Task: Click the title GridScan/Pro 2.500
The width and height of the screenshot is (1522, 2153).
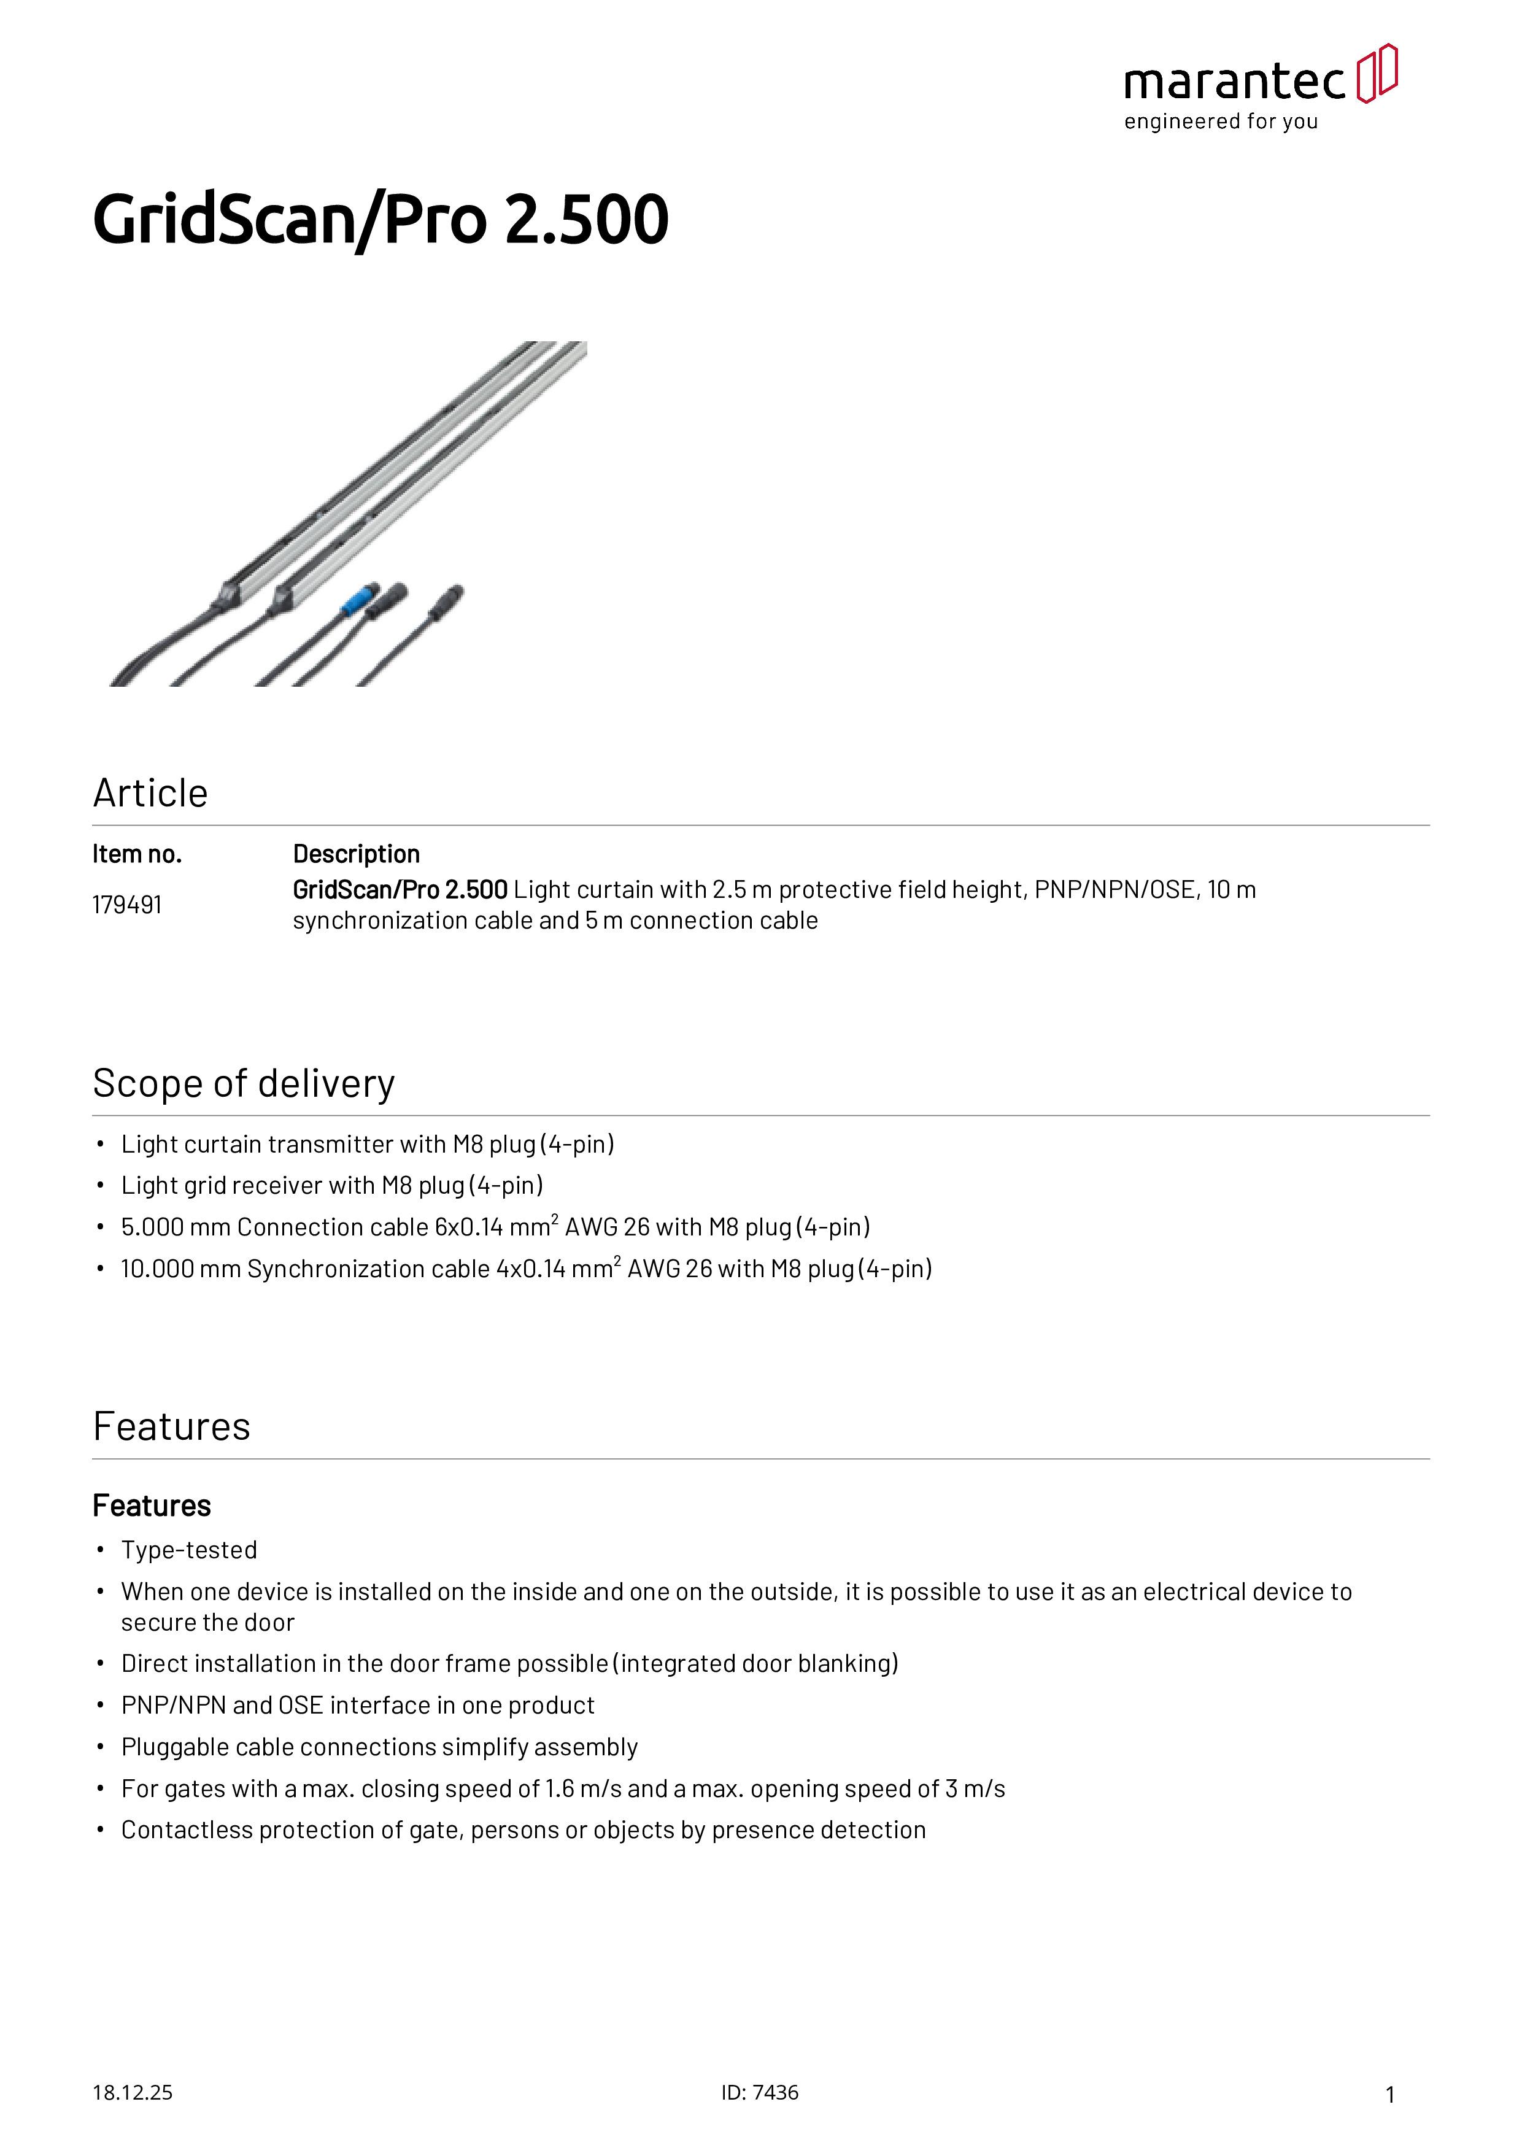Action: pos(381,220)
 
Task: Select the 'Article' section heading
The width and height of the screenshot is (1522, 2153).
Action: pos(150,794)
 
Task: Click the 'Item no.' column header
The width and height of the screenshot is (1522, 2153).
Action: pos(137,854)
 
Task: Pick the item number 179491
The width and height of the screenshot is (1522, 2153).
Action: pos(126,905)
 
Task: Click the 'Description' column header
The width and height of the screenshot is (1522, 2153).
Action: pos(357,854)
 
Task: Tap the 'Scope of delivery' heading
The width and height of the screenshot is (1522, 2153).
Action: pos(244,1084)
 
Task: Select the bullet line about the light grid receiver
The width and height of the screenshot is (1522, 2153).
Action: pos(332,1185)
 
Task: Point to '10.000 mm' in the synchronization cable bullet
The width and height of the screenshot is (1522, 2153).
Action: pos(181,1269)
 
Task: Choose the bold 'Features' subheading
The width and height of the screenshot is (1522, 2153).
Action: pos(152,1506)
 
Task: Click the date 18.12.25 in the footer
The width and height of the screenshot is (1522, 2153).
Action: pos(132,2093)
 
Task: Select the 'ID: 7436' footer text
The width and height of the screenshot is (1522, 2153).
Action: pos(760,2093)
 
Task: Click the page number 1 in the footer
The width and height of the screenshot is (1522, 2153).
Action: pos(1390,2095)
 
